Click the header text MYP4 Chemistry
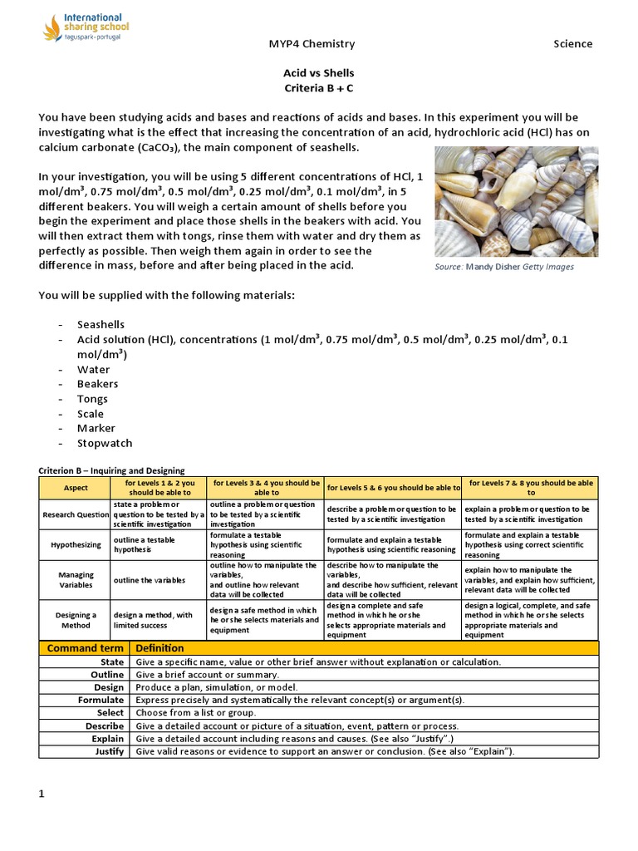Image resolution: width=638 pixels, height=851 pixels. (x=312, y=44)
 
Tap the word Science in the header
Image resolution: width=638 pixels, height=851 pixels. (x=573, y=44)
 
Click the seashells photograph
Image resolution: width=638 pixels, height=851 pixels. (x=504, y=203)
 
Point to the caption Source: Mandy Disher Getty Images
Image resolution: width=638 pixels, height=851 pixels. (x=504, y=267)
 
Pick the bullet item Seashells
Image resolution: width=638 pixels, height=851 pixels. (x=101, y=324)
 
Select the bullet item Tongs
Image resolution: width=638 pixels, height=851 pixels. (x=92, y=399)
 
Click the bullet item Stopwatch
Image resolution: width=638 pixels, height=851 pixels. (x=105, y=444)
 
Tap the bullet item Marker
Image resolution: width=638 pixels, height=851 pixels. (x=96, y=429)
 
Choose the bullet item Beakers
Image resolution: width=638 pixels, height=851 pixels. (x=98, y=384)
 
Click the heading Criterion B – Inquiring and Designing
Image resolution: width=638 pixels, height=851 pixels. (x=111, y=470)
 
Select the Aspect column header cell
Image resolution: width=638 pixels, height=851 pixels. (x=75, y=488)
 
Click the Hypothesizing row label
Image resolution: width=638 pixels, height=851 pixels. (x=75, y=544)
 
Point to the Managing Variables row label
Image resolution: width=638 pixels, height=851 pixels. (x=75, y=580)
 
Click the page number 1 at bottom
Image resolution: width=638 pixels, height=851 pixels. (x=42, y=794)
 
